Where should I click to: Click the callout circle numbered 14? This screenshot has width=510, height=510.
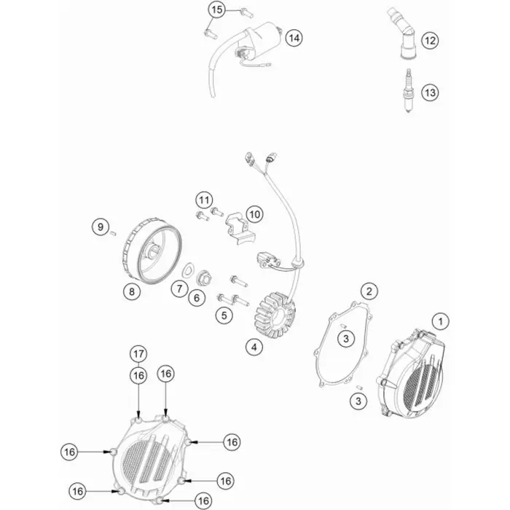pos(294,38)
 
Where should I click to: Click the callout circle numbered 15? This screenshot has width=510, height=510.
pos(217,9)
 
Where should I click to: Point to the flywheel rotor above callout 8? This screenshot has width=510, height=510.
pos(152,251)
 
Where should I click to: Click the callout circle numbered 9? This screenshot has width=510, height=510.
pos(101,227)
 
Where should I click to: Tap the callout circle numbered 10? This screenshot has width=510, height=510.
pos(255,214)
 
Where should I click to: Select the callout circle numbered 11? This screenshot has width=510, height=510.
pos(204,200)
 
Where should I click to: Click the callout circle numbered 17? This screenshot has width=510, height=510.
pos(138,354)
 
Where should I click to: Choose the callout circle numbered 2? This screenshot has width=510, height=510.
pos(369,291)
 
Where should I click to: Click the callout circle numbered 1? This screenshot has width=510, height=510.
pos(441,321)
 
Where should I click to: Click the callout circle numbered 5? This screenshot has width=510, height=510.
pos(224,315)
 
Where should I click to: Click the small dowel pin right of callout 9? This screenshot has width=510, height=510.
pos(114,232)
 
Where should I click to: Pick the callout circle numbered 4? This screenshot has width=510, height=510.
pos(254,347)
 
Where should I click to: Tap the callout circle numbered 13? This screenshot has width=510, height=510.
pos(431,93)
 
